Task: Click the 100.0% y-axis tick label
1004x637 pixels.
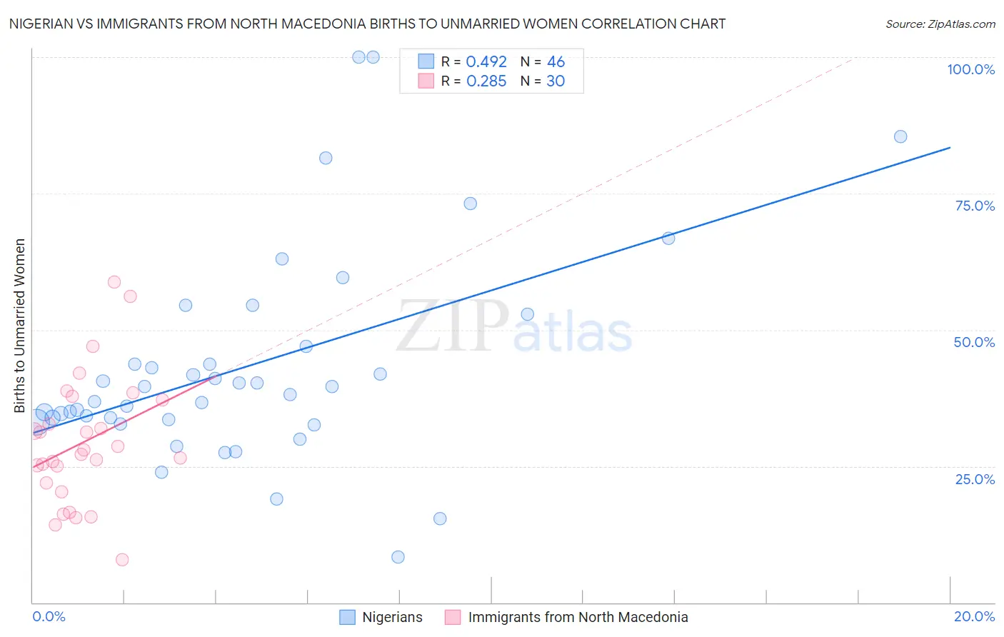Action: pos(970,69)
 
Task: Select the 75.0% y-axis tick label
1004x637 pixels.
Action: pos(975,206)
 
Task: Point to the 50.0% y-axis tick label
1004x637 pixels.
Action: pos(974,342)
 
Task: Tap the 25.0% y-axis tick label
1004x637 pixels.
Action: pos(975,479)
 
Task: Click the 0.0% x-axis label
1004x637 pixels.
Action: pos(49,616)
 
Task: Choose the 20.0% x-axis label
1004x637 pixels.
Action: pos(974,616)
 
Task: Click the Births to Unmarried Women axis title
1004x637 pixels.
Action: pos(19,326)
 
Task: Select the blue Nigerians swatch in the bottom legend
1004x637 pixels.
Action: pos(347,618)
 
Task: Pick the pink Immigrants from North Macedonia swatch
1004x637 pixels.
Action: pos(453,618)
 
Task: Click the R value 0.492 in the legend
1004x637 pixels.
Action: pos(486,62)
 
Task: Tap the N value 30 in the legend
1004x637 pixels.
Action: pos(556,81)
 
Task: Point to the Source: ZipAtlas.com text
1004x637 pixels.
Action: pos(940,24)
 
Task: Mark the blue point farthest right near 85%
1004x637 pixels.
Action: pos(900,136)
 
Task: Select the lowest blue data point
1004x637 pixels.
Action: pos(398,557)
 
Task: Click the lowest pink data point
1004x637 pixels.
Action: pos(122,560)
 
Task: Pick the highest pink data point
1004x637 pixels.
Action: pos(114,282)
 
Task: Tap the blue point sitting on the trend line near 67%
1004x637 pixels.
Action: pos(668,239)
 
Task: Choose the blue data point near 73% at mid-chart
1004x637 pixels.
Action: pos(470,204)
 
